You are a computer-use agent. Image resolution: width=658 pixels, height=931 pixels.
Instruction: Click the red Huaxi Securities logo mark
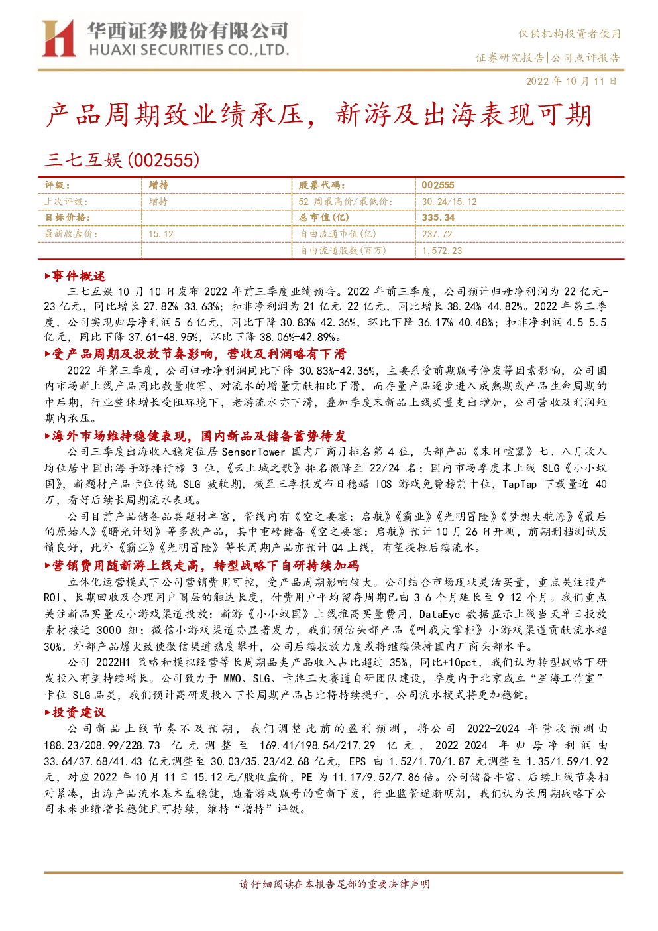(x=58, y=38)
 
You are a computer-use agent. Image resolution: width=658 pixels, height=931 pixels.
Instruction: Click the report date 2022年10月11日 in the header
(x=571, y=81)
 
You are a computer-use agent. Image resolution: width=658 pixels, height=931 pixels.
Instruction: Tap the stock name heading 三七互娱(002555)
(x=122, y=160)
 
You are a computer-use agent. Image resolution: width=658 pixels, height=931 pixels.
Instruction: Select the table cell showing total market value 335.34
(x=438, y=217)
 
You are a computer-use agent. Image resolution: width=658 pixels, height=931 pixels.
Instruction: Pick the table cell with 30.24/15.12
(x=449, y=202)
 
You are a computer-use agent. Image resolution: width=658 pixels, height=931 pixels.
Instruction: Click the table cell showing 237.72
(x=437, y=234)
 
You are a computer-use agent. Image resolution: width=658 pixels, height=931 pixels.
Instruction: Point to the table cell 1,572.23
(x=442, y=251)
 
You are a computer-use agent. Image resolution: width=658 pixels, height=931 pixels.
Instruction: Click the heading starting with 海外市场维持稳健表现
(x=195, y=436)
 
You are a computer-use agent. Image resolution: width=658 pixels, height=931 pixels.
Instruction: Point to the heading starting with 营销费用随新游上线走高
(x=202, y=565)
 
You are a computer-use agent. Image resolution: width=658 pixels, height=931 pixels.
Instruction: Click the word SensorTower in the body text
(x=253, y=452)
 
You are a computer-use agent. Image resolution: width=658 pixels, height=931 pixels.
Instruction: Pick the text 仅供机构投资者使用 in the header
(x=569, y=34)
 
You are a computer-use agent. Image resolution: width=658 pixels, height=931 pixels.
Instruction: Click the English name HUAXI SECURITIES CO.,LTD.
(x=189, y=50)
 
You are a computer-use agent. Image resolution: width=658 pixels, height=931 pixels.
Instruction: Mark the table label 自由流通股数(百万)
(x=343, y=251)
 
